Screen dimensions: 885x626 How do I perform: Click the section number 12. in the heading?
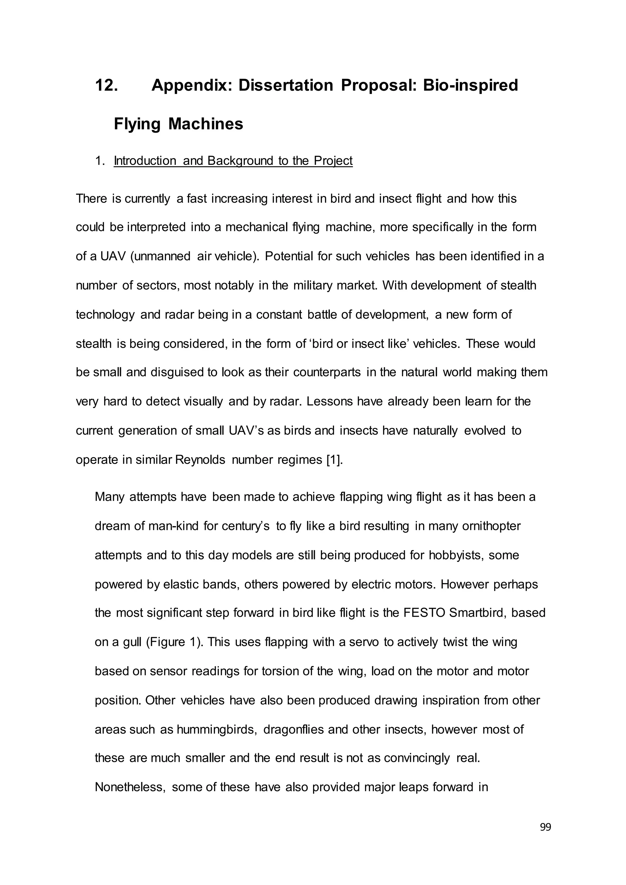pos(106,85)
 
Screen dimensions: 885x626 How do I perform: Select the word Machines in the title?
pos(205,124)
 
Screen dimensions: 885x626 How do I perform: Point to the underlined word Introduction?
pos(145,161)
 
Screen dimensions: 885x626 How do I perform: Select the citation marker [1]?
pos(334,460)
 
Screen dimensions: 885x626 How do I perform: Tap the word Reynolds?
pos(200,460)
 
